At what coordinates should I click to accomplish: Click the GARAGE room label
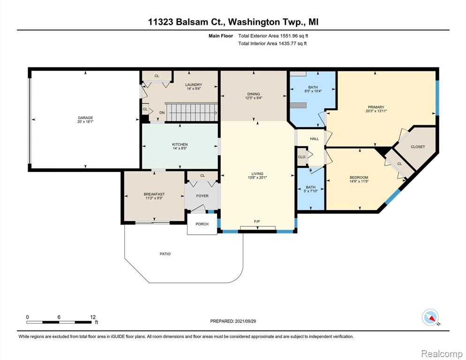click(x=85, y=118)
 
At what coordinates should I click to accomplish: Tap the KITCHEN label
click(x=180, y=144)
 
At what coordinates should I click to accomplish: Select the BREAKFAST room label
click(x=154, y=194)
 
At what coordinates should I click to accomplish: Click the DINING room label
click(x=253, y=94)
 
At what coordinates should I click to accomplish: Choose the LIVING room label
click(x=257, y=173)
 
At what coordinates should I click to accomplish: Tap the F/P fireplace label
click(x=257, y=221)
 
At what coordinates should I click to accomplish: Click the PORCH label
click(x=202, y=224)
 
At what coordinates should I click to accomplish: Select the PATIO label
click(x=165, y=254)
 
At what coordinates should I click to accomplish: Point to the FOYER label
click(x=202, y=196)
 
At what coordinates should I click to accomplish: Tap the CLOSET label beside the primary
click(x=418, y=147)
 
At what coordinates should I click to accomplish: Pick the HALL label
click(x=314, y=139)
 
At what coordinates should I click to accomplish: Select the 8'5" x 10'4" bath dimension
click(x=312, y=91)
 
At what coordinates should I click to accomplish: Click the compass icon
click(x=431, y=318)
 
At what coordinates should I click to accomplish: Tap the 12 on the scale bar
click(x=93, y=317)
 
